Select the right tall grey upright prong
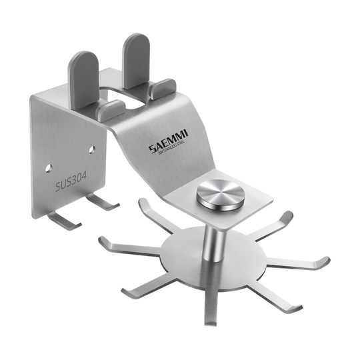point(136,56)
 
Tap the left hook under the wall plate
point(63,220)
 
